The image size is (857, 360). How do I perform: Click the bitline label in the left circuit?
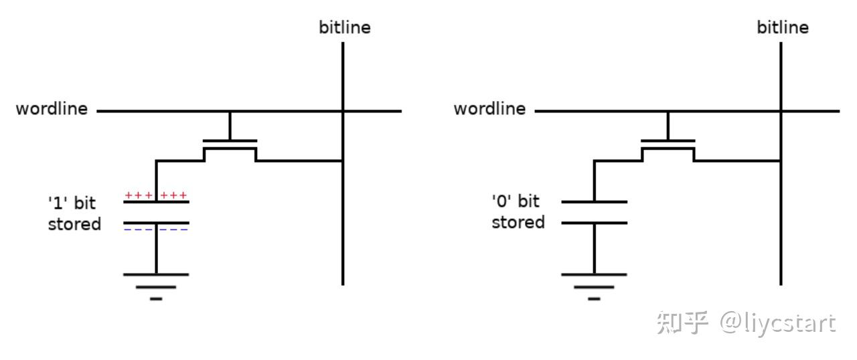click(345, 27)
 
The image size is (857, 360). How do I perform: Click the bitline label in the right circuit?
click(783, 27)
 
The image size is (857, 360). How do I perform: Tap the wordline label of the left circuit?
click(52, 109)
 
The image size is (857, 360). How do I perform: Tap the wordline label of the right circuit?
click(489, 109)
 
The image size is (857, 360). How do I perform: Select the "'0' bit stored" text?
click(518, 212)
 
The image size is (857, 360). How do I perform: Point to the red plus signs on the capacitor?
click(156, 195)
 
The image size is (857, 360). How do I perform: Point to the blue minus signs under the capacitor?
click(156, 230)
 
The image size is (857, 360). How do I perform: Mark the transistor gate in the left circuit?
click(230, 141)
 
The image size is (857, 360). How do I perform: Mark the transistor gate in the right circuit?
click(668, 141)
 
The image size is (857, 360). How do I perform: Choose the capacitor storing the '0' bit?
click(594, 212)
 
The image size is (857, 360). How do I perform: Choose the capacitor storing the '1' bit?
click(156, 212)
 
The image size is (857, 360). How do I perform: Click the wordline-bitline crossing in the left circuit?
click(343, 111)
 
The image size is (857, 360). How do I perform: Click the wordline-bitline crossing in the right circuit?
click(781, 111)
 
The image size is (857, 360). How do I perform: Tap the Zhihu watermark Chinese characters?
click(682, 323)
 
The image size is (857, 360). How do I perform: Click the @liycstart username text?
click(778, 324)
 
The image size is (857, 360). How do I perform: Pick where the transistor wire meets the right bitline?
click(781, 161)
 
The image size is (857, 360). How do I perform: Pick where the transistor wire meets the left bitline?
click(343, 161)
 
